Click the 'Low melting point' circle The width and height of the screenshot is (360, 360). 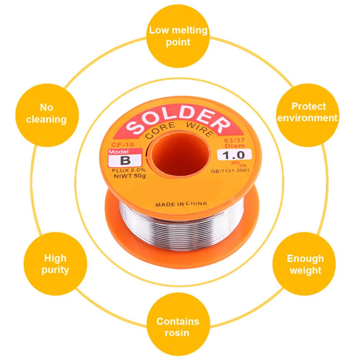pos(178,36)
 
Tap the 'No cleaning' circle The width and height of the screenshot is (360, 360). pos(46,113)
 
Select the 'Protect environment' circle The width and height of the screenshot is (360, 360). pos(308,112)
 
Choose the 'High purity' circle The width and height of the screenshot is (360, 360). pos(55,264)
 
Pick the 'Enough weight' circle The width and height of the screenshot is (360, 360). pos(305,264)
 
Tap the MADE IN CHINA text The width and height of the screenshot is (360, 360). pos(181,204)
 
